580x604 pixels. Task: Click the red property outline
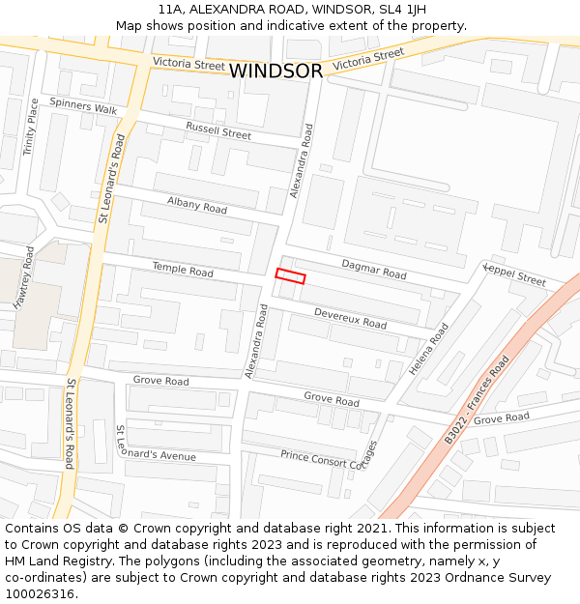[290, 276]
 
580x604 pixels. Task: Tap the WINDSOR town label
[276, 72]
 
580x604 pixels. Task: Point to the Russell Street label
[218, 131]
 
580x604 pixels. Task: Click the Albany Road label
[196, 205]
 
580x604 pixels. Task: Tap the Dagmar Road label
[374, 269]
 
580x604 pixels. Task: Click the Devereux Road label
[350, 318]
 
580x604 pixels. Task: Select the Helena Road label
[428, 349]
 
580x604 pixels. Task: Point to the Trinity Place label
[31, 128]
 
